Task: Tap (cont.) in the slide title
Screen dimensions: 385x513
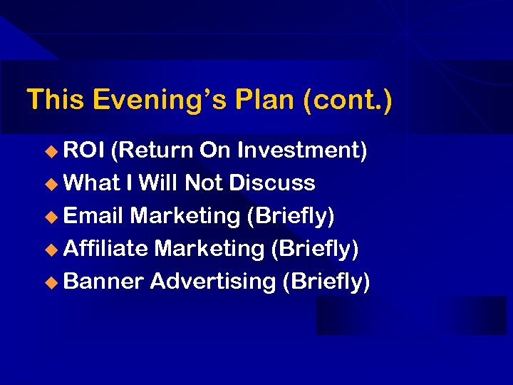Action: [x=347, y=101]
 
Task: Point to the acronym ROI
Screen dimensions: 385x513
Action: [x=85, y=150]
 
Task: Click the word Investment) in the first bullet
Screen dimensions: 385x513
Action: [x=302, y=150]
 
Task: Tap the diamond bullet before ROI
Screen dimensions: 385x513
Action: [x=51, y=151]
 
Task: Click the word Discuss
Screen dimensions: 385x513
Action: [x=271, y=183]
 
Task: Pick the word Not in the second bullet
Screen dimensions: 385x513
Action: [x=204, y=183]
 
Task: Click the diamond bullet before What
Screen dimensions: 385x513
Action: [x=51, y=184]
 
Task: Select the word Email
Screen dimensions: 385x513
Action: [x=93, y=216]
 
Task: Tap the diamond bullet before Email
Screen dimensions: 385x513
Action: [x=51, y=217]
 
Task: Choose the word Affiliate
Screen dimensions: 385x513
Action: [x=105, y=249]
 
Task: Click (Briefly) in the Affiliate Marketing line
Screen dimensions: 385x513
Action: [x=314, y=249]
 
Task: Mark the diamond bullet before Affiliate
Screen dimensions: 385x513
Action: [x=51, y=250]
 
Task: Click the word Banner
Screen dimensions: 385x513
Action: [x=103, y=282]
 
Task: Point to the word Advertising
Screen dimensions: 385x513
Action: [x=212, y=282]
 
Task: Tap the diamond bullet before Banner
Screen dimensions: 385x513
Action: [x=51, y=282]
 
